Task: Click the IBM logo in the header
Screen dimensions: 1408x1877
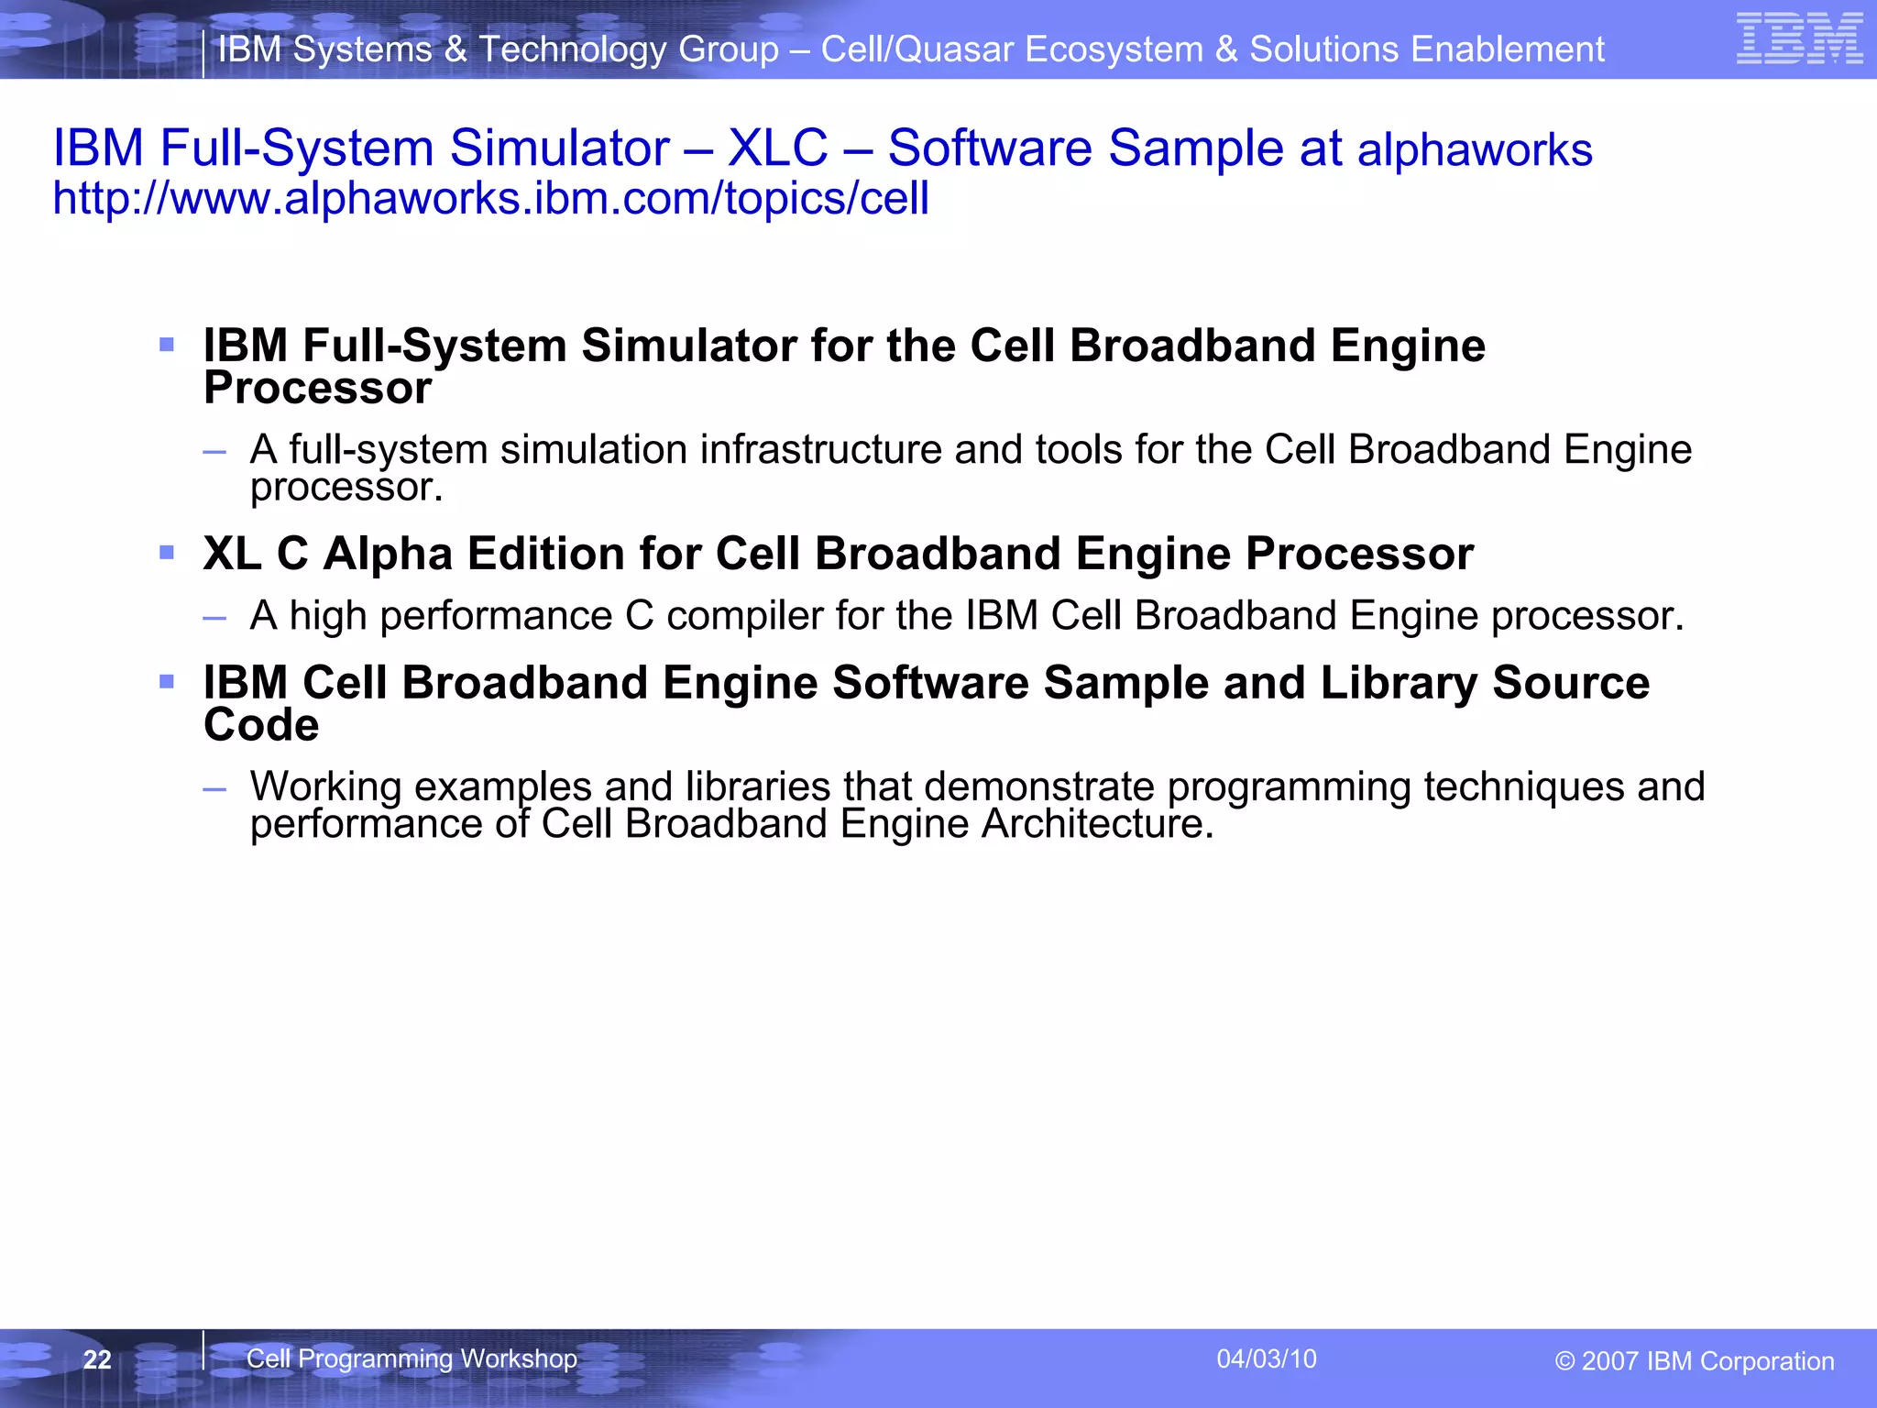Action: click(x=1799, y=39)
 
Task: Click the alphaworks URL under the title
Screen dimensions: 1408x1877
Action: click(x=490, y=199)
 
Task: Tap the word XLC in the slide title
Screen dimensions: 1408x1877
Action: click(x=777, y=148)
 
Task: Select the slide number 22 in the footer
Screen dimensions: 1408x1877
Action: click(x=97, y=1359)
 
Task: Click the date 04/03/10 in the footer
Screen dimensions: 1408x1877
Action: click(x=1266, y=1358)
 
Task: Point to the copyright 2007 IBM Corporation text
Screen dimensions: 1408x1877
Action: click(x=1694, y=1361)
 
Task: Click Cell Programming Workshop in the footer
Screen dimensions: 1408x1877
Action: click(x=412, y=1358)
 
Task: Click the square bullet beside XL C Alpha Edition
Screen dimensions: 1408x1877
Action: click(x=167, y=553)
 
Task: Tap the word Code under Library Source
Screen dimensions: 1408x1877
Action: click(x=261, y=725)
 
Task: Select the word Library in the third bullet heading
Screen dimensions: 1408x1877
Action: click(x=1399, y=683)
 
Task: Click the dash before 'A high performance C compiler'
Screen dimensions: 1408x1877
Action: click(x=214, y=618)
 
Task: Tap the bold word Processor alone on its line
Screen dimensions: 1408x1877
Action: click(x=317, y=388)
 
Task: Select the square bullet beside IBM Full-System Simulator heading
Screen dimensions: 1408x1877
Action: click(x=167, y=345)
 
